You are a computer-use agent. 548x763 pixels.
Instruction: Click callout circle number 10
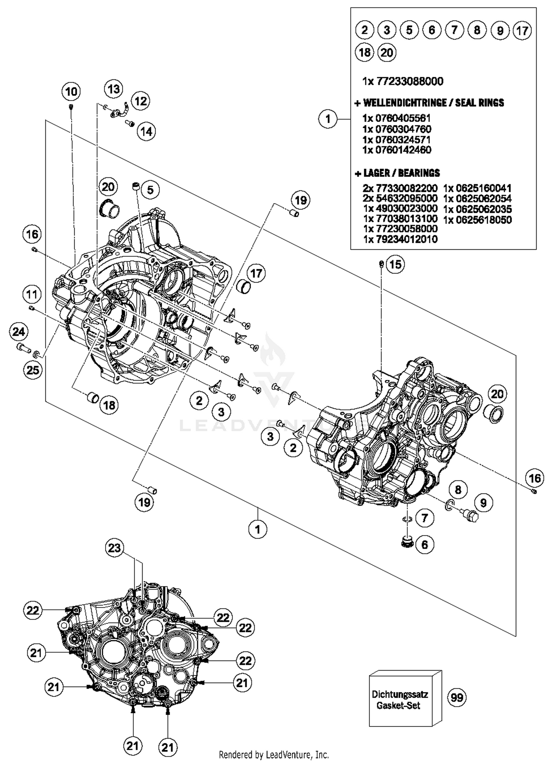coord(71,91)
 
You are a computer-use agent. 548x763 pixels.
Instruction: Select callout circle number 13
coord(114,89)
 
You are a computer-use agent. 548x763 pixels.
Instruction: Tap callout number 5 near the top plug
coord(150,190)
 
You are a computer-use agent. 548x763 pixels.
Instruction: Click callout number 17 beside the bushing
coord(256,273)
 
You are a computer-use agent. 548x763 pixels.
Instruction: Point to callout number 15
coord(395,264)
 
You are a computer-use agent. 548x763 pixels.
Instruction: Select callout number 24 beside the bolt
coord(19,332)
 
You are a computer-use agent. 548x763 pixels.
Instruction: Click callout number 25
coord(33,370)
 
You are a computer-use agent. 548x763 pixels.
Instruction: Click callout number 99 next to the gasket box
coord(457,698)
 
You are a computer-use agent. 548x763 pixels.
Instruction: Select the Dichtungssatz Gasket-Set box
coord(400,699)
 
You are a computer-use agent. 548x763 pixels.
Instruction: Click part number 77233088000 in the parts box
coord(409,81)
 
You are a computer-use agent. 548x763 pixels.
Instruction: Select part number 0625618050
coord(477,220)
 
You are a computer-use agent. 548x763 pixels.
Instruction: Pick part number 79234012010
coord(400,239)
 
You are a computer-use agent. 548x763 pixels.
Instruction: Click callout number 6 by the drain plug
coord(425,545)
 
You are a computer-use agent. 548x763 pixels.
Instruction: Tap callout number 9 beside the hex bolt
coord(483,503)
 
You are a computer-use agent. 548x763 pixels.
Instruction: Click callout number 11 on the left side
coord(32,294)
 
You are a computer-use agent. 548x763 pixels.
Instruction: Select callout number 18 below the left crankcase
coord(109,405)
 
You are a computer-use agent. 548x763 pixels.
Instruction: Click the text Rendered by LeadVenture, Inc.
coord(274,755)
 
